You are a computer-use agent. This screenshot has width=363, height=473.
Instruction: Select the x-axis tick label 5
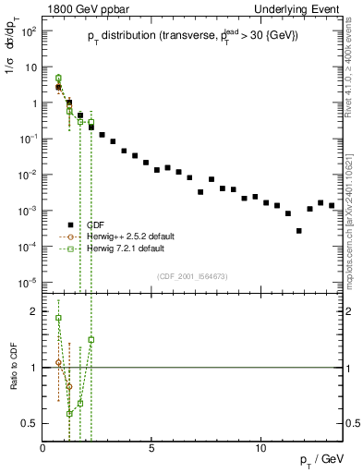[x=151, y=447]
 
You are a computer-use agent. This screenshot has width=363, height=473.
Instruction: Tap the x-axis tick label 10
[x=260, y=447]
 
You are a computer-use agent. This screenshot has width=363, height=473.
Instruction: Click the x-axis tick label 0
[x=43, y=447]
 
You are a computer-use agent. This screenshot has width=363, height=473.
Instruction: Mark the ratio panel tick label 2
[x=35, y=311]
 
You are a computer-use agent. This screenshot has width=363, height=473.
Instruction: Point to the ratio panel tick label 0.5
[x=31, y=423]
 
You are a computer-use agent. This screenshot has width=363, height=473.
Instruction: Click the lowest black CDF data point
[x=298, y=231]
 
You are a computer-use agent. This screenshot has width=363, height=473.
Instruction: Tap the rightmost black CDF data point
[x=332, y=205]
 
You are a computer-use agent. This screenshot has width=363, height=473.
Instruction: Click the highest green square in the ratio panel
[x=59, y=318]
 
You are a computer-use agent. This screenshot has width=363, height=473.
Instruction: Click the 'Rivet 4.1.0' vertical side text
[x=354, y=74]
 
